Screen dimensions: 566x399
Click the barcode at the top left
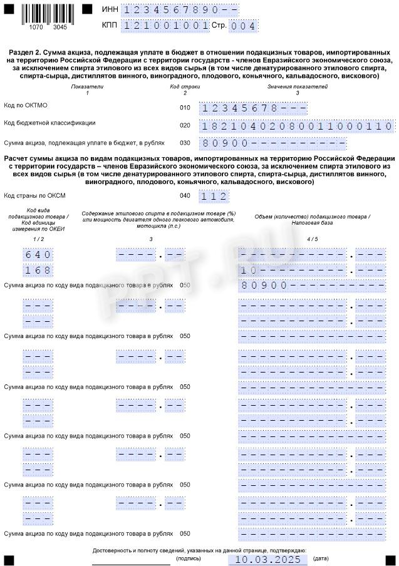(48, 14)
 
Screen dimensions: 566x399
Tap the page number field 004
(243, 26)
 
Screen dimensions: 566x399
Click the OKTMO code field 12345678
(253, 108)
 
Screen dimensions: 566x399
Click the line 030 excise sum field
(272, 143)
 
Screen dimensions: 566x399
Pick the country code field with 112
(213, 197)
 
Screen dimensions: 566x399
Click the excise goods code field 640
(38, 255)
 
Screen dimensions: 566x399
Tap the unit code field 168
(38, 270)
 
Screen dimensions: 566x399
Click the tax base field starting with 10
(294, 270)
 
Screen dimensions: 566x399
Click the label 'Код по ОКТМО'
(26, 106)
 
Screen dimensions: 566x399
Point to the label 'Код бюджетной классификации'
(49, 123)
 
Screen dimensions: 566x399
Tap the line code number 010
(185, 108)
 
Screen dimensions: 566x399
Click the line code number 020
(185, 125)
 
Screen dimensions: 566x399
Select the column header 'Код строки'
(185, 86)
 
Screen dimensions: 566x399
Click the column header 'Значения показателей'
(297, 86)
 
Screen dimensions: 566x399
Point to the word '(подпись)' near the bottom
(189, 558)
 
